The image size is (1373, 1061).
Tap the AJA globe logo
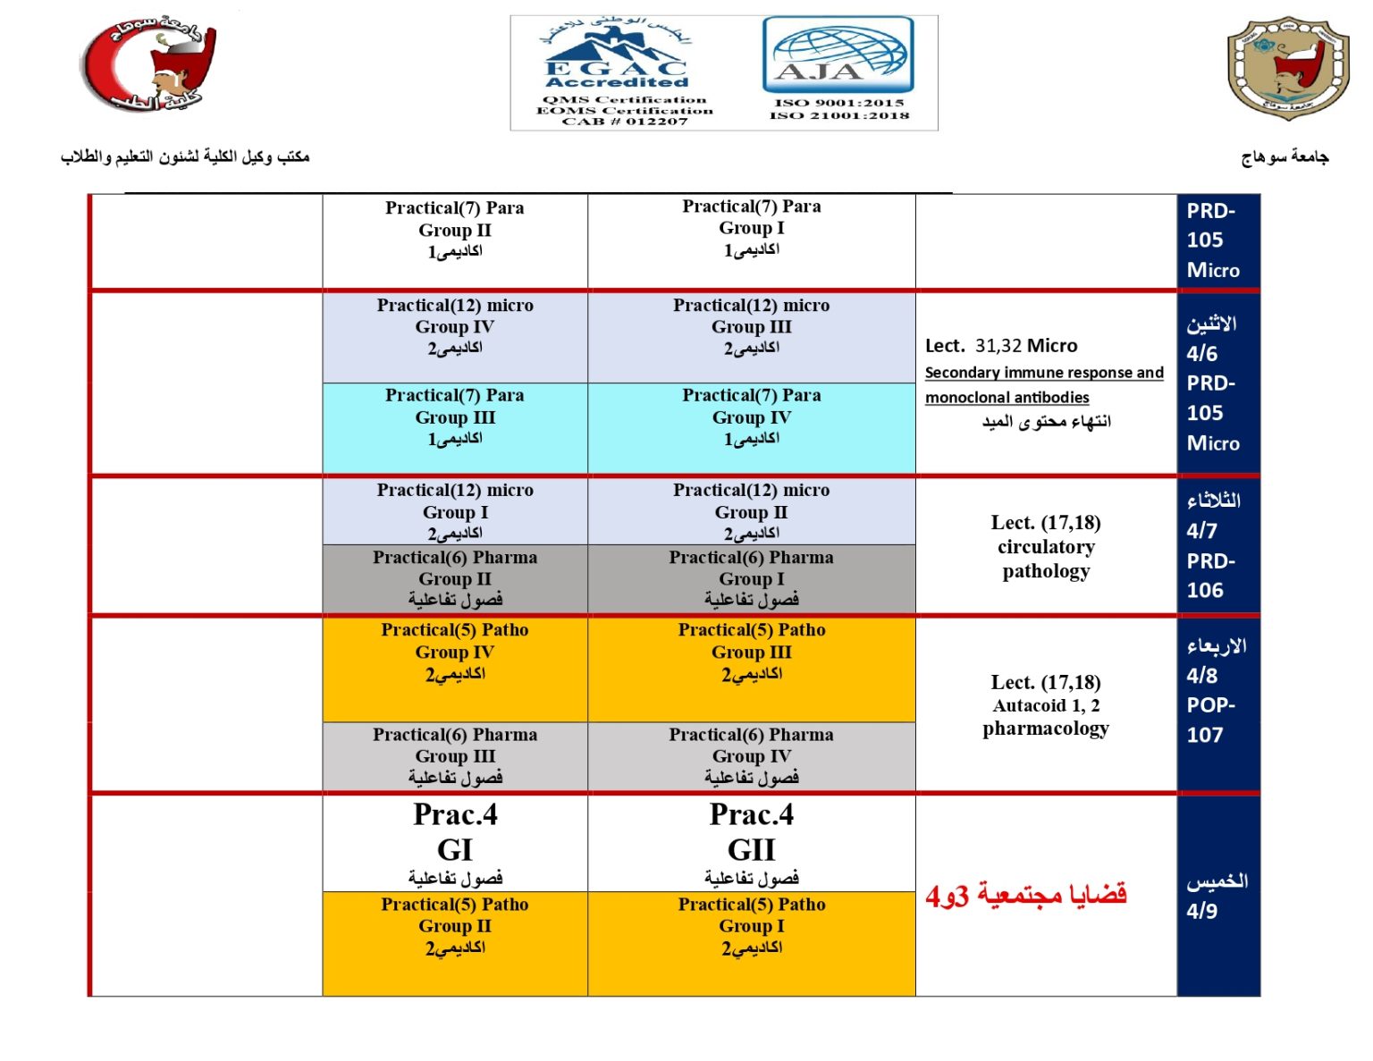[x=838, y=56]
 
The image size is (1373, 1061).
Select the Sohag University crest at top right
[x=1287, y=68]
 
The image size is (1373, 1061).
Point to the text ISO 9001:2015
[x=839, y=102]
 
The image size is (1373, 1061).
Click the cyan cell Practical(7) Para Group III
[x=455, y=427]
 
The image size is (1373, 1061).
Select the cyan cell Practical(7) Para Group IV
[x=751, y=427]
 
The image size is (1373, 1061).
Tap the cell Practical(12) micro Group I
[x=455, y=511]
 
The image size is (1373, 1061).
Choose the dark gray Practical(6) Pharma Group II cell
[x=455, y=578]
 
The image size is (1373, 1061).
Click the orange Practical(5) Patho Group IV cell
[x=455, y=668]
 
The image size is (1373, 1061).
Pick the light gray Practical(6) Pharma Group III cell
[x=455, y=756]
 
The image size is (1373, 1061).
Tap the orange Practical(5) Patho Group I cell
[x=751, y=942]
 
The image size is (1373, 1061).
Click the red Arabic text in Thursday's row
[x=1026, y=895]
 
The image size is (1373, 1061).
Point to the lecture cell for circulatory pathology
[x=1046, y=546]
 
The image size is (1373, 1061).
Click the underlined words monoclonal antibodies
[x=1007, y=397]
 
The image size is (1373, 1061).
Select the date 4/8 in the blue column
[x=1202, y=675]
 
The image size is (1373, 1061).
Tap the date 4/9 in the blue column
[x=1202, y=911]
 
